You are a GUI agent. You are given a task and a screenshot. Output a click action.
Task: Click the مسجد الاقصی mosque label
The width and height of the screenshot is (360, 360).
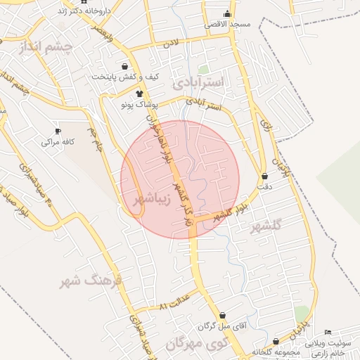228,24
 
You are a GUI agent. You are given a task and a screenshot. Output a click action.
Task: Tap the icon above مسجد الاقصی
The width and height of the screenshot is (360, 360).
226,14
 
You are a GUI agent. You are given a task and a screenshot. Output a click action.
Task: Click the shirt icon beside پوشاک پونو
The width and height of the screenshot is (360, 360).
139,94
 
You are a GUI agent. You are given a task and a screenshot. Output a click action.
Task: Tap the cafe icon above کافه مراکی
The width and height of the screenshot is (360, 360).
60,131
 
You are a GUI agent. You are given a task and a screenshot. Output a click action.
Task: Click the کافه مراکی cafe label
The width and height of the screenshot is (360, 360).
58,141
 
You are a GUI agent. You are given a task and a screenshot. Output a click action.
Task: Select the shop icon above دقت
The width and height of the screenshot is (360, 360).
264,176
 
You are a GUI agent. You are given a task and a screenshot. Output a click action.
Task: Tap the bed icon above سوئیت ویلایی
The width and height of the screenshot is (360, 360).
328,332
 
